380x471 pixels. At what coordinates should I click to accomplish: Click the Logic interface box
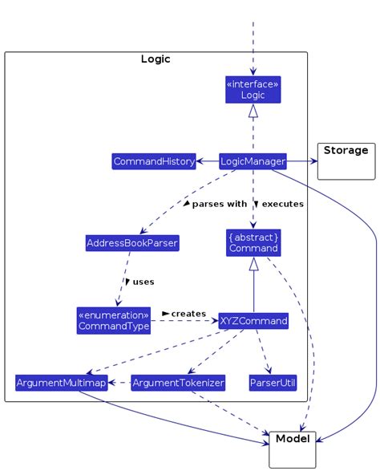click(253, 89)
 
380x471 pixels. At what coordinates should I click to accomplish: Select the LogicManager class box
click(253, 161)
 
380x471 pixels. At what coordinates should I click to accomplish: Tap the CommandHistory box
click(154, 161)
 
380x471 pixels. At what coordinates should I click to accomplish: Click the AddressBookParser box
click(131, 242)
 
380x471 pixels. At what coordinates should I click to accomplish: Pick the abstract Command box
click(253, 242)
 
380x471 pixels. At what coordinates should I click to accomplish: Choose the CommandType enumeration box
click(113, 320)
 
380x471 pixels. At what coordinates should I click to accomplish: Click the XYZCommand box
click(253, 321)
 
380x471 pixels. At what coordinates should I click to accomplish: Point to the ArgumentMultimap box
click(61, 383)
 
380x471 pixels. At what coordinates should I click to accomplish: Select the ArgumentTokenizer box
click(178, 383)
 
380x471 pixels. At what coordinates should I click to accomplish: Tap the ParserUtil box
click(271, 383)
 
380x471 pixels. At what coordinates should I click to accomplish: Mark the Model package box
click(293, 449)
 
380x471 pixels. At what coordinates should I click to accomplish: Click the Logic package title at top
click(156, 59)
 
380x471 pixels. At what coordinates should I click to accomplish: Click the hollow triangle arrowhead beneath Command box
click(253, 264)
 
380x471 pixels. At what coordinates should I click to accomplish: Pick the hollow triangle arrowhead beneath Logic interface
click(253, 112)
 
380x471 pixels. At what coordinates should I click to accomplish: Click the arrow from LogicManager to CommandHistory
click(207, 161)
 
